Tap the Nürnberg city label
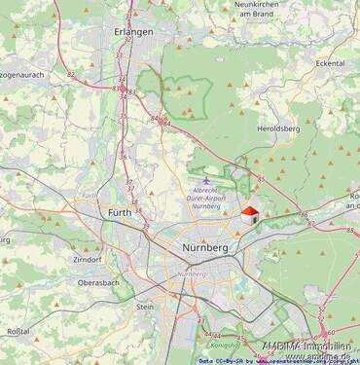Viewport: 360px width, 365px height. [x=205, y=248]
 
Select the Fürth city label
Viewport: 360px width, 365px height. [x=120, y=212]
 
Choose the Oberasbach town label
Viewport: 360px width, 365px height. [x=99, y=283]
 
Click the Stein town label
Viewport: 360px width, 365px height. [x=145, y=306]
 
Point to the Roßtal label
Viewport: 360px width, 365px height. [x=18, y=331]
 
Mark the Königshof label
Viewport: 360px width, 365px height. [x=226, y=344]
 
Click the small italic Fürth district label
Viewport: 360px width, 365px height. [x=90, y=196]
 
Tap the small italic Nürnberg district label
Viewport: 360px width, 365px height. [x=193, y=274]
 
